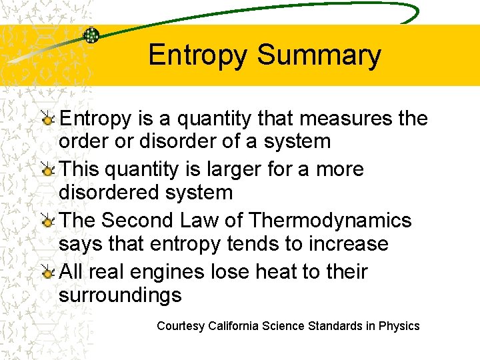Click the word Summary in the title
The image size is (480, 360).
pyautogui.click(x=319, y=55)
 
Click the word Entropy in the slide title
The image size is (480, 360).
pyautogui.click(x=197, y=55)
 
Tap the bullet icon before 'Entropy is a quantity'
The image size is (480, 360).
pyautogui.click(x=47, y=119)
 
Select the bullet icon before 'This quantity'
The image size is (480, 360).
pyautogui.click(x=47, y=170)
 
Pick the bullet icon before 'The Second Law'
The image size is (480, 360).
pyautogui.click(x=47, y=221)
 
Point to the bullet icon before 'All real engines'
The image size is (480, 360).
pyautogui.click(x=47, y=272)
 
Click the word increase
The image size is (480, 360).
pyautogui.click(x=349, y=244)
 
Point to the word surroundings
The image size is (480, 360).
pyautogui.click(x=120, y=295)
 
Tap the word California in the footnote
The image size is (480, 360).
pyautogui.click(x=233, y=326)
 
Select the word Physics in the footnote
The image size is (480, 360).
pyautogui.click(x=399, y=326)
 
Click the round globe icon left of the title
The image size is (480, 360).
pyautogui.click(x=91, y=35)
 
